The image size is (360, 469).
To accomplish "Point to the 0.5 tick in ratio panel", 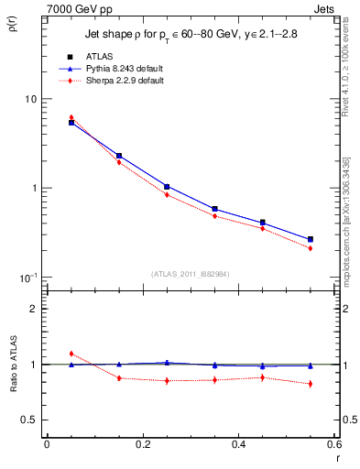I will pos(28,420).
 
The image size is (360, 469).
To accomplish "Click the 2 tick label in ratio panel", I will pos(32,309).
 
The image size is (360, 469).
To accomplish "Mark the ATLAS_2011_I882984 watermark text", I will pos(190,272).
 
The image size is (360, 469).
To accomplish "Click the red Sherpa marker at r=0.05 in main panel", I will pos(71,117).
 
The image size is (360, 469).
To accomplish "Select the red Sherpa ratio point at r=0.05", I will pos(71,354).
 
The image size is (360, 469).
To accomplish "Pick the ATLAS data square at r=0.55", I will pos(311,239).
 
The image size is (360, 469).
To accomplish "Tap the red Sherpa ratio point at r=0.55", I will pos(311,384).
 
